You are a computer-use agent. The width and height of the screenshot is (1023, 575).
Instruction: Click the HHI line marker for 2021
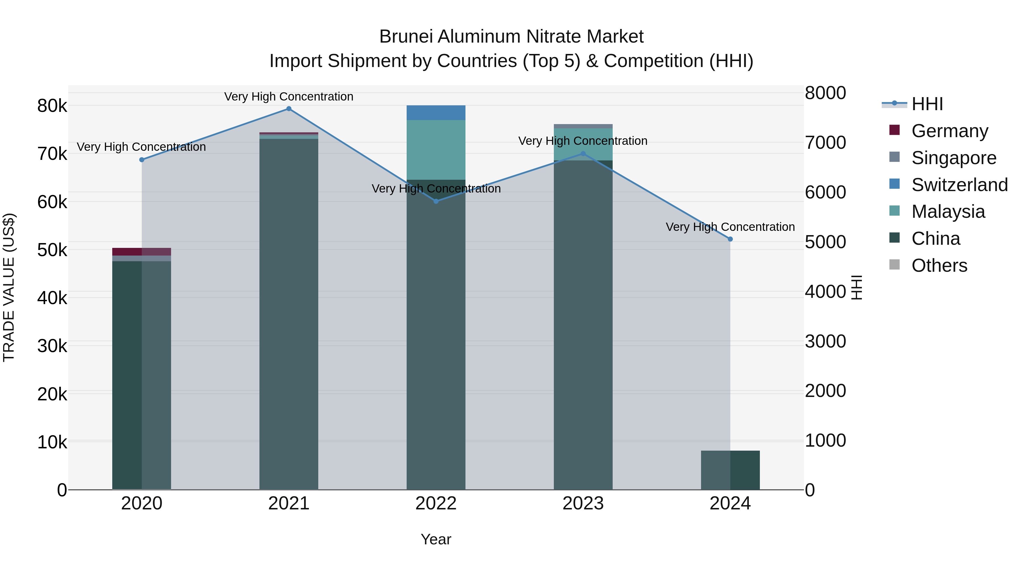coord(289,109)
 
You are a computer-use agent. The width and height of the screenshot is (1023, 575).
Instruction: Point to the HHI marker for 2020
coord(142,160)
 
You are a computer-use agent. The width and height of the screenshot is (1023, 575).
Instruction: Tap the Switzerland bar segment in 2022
coord(436,113)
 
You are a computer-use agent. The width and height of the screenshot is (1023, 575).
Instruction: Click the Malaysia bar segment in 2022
coord(436,150)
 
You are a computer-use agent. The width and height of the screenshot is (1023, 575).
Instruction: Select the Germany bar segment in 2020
coord(142,252)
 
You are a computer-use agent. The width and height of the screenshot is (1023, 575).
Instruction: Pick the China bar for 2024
coord(730,470)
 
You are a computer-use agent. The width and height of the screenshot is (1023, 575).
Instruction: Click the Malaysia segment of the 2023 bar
coord(583,144)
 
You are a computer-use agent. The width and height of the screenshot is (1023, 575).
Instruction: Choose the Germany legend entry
coord(949,131)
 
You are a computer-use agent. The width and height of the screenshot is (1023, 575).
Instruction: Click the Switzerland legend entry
coord(959,185)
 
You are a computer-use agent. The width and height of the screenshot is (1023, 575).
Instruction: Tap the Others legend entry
coord(939,265)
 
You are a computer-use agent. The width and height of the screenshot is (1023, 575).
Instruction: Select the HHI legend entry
coord(927,104)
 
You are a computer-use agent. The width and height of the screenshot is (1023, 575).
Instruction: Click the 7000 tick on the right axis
coord(825,143)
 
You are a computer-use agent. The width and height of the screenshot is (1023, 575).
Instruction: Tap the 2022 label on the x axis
coord(436,503)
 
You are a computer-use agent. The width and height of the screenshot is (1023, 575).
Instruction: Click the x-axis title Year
coord(436,539)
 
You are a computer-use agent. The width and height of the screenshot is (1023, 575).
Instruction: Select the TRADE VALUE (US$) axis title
coord(9,287)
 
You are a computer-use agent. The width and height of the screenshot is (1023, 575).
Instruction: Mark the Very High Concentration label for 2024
coord(730,227)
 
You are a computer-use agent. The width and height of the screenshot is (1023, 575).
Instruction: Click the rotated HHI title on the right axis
coord(857,287)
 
